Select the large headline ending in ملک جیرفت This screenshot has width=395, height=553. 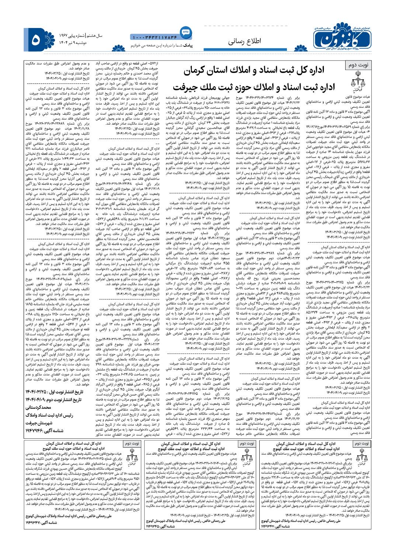coord(249,88)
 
